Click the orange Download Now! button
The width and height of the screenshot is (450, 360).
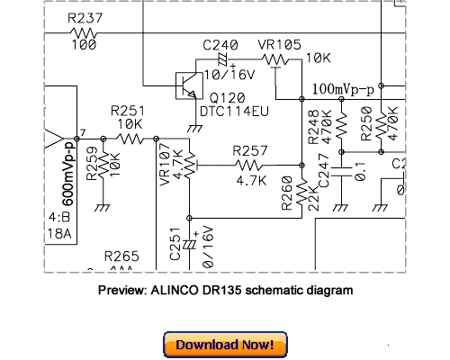pos(225,345)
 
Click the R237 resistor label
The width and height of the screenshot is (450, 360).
pos(85,19)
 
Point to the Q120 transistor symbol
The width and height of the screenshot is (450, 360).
pos(188,85)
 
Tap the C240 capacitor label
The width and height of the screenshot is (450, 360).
pos(220,44)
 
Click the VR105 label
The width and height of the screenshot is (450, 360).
pos(276,44)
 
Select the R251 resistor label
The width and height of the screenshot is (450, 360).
pos(129,110)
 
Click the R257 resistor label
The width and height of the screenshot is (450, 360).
pos(250,149)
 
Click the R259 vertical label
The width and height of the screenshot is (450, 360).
pos(92,165)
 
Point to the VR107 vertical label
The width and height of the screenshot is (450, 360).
pos(164,166)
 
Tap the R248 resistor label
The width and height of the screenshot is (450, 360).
pos(311,124)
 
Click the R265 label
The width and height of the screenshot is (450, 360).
pos(121,256)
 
